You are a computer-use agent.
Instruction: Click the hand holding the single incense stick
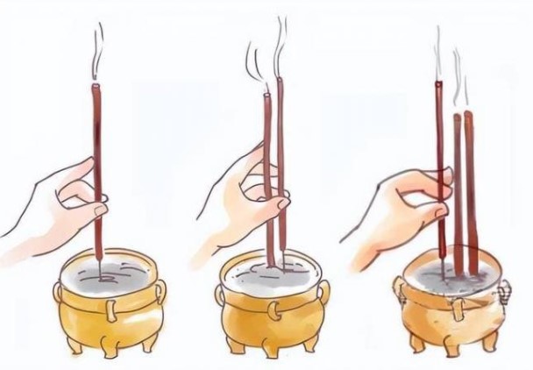tap(61, 202)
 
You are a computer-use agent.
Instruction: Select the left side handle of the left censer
tap(60, 294)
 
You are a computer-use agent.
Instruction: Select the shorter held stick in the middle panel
tap(266, 149)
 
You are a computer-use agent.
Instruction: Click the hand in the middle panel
tap(237, 206)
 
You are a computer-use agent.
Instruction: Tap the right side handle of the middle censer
tap(317, 293)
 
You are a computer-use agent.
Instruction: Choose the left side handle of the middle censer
tap(224, 294)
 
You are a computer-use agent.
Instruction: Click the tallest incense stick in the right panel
tap(438, 158)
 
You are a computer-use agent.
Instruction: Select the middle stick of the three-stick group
tap(457, 184)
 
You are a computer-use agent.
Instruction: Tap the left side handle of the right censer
tap(400, 289)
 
